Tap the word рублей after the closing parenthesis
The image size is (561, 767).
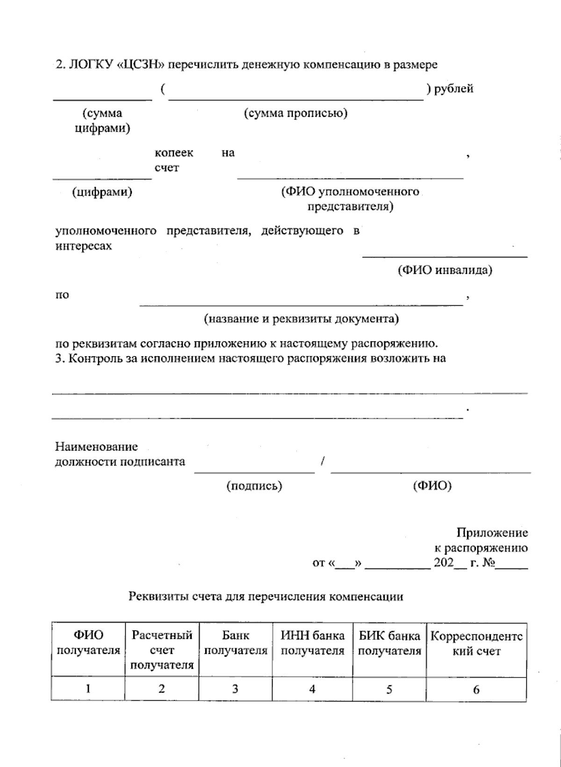(x=453, y=88)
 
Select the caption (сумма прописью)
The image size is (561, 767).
(x=295, y=113)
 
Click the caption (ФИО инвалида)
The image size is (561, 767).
(x=445, y=270)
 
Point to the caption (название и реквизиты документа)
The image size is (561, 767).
(x=301, y=319)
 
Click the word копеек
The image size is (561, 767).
(x=174, y=153)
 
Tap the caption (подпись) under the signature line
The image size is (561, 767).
(x=254, y=486)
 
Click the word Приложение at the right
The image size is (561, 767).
(x=492, y=533)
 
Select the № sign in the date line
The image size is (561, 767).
(x=488, y=563)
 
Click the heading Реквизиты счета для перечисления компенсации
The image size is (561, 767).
(x=266, y=597)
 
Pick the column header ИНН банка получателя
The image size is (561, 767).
(x=312, y=643)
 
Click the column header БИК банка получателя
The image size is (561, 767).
(x=389, y=643)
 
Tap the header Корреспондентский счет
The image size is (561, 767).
(x=476, y=644)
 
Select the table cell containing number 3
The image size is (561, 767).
(x=235, y=689)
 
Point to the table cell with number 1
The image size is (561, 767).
(x=88, y=689)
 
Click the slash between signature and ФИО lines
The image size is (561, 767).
(x=323, y=462)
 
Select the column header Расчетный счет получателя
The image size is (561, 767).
(x=162, y=650)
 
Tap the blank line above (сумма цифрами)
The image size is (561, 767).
(x=102, y=98)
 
